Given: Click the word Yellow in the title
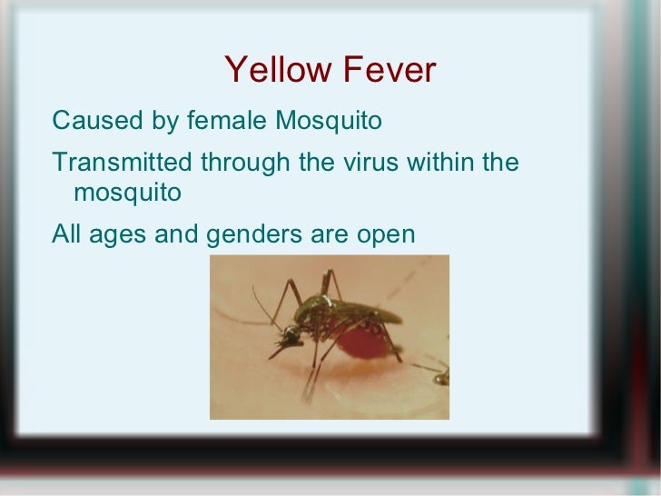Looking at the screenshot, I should pyautogui.click(x=271, y=71).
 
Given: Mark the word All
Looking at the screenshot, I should pyautogui.click(x=66, y=235).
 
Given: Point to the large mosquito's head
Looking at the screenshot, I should pyautogui.click(x=291, y=336).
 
